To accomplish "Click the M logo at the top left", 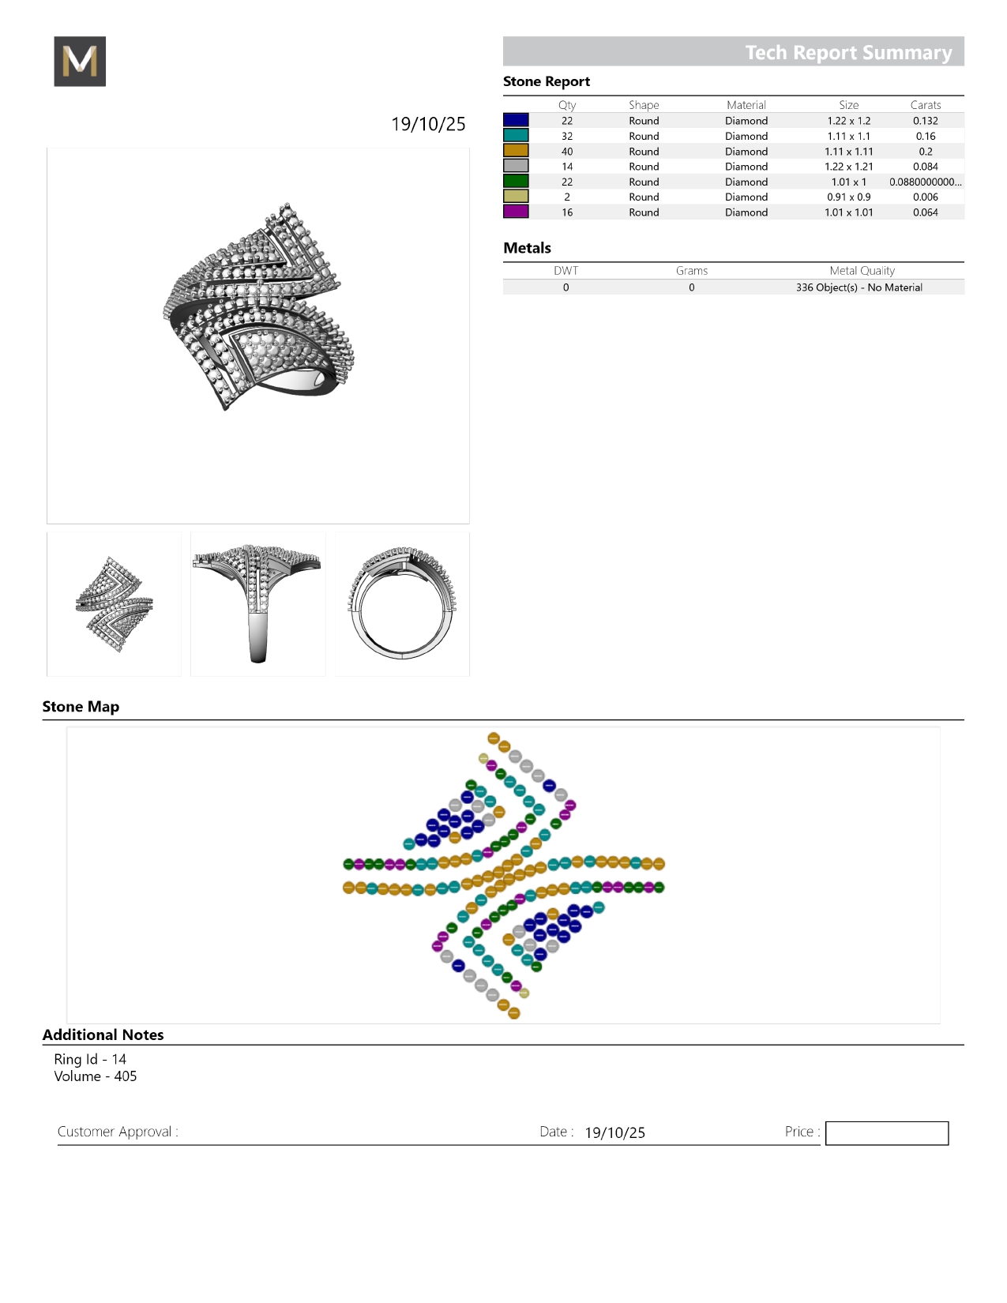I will click(x=80, y=62).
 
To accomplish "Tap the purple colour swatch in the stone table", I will click(x=516, y=212).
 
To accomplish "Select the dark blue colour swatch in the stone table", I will click(x=516, y=120).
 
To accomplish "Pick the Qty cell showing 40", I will click(x=567, y=152).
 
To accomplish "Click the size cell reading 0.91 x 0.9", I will click(x=848, y=197).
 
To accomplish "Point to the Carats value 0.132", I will click(x=925, y=121).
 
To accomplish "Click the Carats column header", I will click(x=925, y=105).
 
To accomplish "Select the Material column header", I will click(x=746, y=105).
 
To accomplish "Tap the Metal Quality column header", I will click(x=862, y=271).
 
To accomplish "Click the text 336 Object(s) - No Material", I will click(x=859, y=287).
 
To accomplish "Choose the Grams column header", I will click(x=691, y=271).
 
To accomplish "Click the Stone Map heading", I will click(x=81, y=707).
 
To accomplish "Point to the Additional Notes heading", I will click(x=103, y=1035).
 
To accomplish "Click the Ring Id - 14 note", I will click(x=90, y=1059).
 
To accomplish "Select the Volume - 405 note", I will click(x=95, y=1076).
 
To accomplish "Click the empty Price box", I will click(x=886, y=1133).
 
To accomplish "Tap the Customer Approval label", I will click(x=118, y=1132).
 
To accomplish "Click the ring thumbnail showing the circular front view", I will click(x=402, y=604).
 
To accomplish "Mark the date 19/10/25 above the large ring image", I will click(x=428, y=124).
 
